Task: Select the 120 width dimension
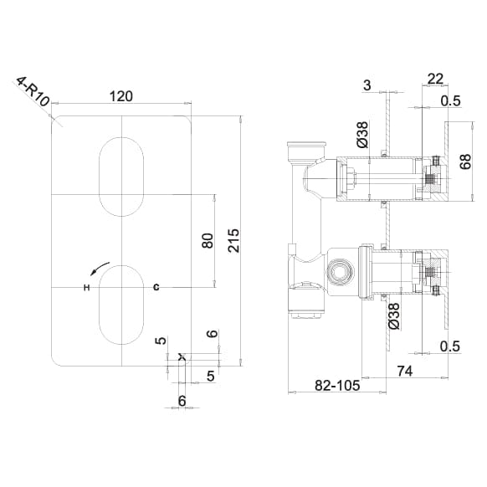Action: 122,96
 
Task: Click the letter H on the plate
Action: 85,288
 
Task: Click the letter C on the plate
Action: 156,288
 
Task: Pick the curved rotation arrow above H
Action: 100,269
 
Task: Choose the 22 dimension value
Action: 435,79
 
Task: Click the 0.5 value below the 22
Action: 451,102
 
